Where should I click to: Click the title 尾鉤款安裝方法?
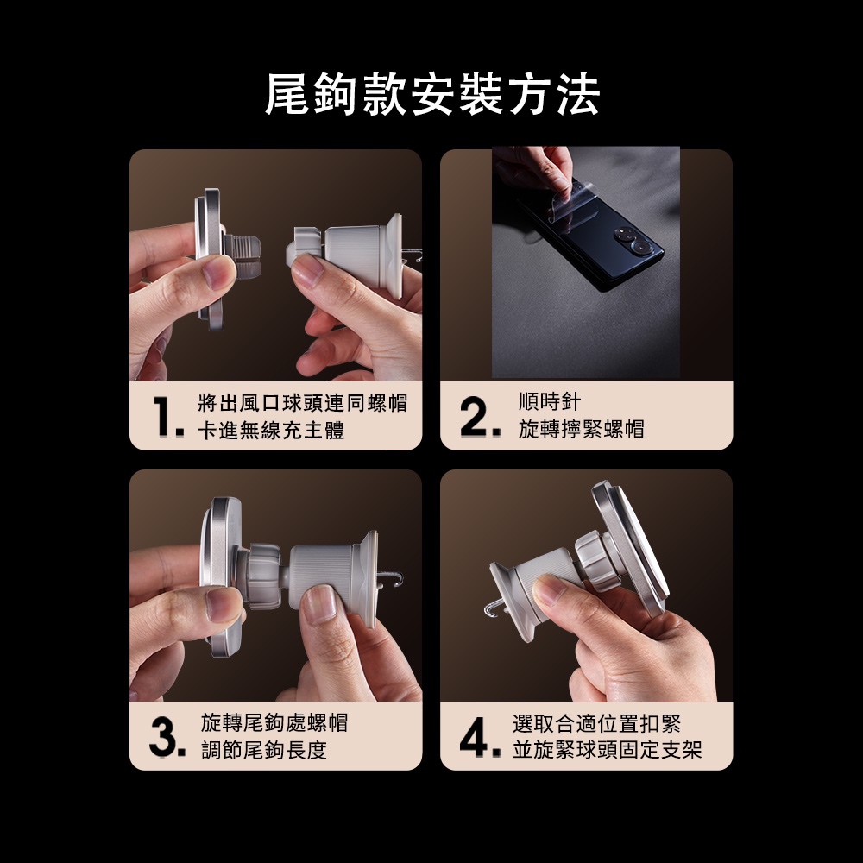[x=432, y=95]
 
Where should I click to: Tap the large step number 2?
[x=480, y=417]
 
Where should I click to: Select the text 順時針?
[x=549, y=402]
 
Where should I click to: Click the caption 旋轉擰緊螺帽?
[x=581, y=429]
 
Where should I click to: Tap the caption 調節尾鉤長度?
[x=264, y=750]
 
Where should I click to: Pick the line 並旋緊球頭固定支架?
[x=607, y=750]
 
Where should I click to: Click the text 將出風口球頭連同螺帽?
[x=302, y=403]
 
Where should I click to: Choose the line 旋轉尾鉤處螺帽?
[x=274, y=722]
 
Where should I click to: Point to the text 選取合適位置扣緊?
[x=596, y=724]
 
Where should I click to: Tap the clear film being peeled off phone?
[x=564, y=201]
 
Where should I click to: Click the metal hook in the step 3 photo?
[x=392, y=579]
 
